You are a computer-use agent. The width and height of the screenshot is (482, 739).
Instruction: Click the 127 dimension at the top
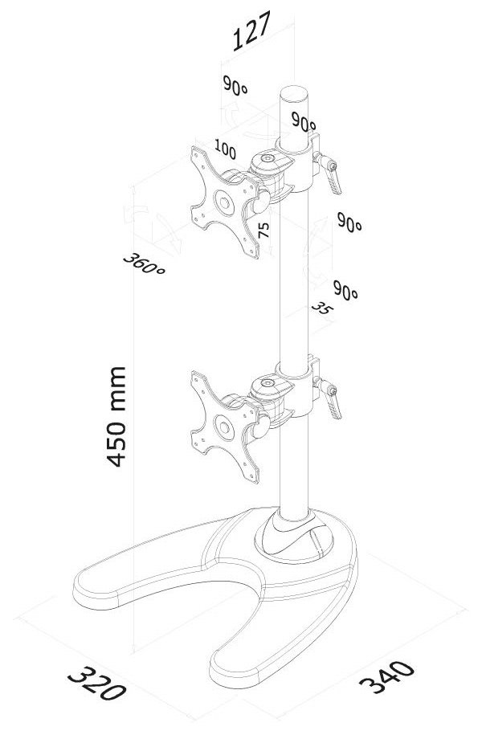pos(252,31)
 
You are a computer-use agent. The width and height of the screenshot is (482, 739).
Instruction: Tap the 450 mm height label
pos(116,417)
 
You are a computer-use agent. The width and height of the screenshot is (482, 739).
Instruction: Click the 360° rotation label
pos(144,264)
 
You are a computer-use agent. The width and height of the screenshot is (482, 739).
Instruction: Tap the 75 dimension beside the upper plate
pos(263,230)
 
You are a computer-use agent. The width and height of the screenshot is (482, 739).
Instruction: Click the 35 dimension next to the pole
pos(322,309)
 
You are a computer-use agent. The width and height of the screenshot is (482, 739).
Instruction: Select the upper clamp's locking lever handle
pos(333,182)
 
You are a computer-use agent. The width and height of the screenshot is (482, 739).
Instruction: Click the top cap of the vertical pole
pos(294,92)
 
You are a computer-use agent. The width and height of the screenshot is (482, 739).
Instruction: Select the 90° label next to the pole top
pos(304,121)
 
